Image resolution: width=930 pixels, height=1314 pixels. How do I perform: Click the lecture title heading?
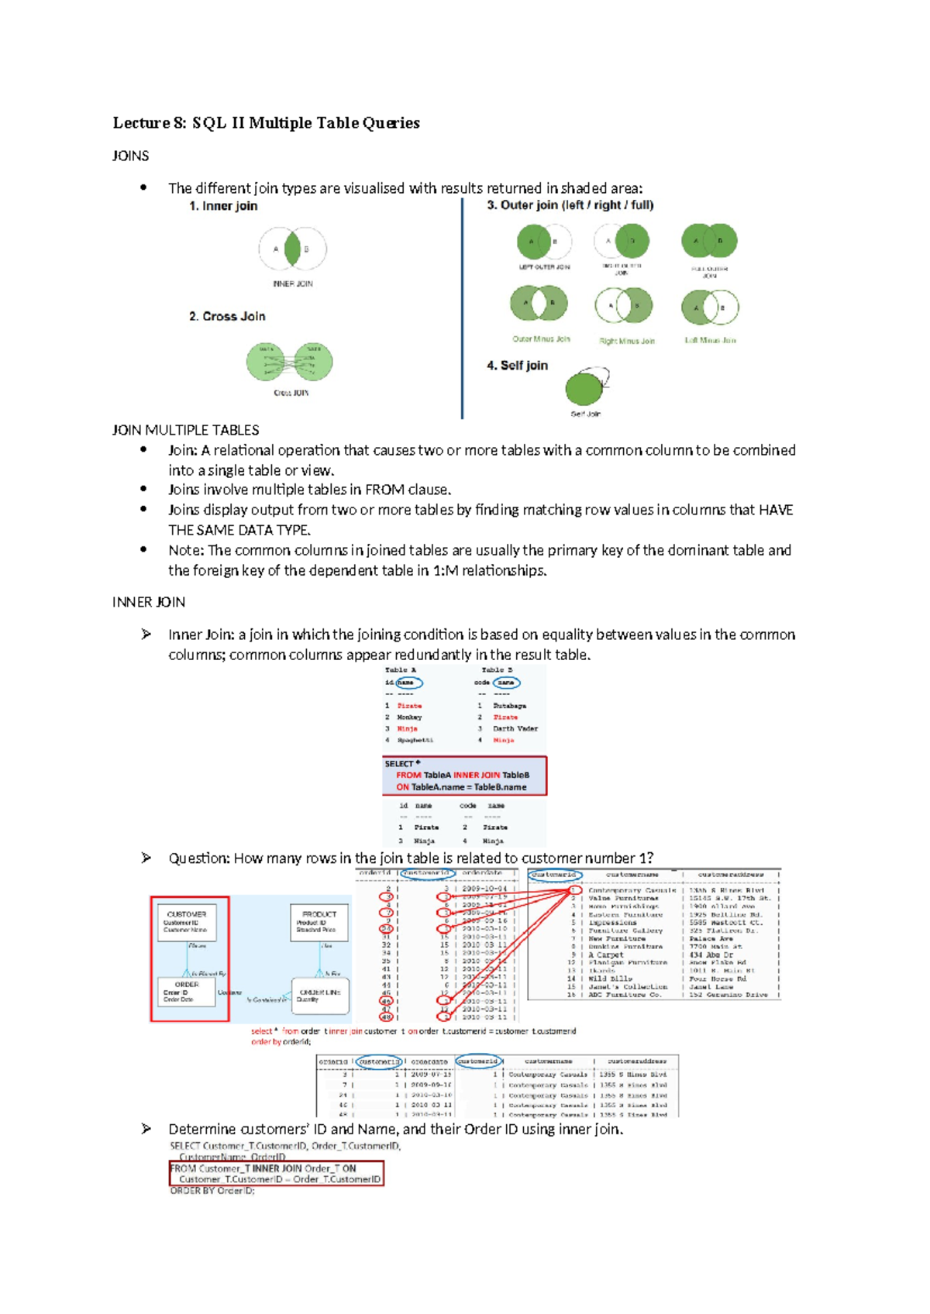(266, 122)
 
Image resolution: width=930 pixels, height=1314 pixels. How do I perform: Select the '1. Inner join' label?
(223, 206)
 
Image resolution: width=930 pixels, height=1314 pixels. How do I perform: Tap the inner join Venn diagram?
(292, 249)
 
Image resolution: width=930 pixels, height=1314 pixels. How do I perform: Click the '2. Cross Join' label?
(227, 316)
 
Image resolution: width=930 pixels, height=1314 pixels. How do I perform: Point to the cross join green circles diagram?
(290, 362)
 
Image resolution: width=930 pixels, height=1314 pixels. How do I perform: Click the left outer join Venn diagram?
(544, 242)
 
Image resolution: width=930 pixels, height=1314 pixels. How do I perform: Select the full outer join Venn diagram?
(709, 241)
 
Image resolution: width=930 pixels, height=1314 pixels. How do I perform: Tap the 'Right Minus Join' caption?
(626, 341)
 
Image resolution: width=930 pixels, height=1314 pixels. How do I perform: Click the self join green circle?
(584, 389)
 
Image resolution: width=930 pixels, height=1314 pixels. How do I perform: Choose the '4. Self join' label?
(517, 366)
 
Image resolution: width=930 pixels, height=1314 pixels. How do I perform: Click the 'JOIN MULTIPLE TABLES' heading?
(186, 430)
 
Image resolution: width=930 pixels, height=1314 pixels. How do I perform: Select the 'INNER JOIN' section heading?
(149, 602)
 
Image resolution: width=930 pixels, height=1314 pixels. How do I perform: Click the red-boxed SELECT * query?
(464, 776)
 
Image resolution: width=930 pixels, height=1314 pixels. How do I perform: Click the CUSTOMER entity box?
(187, 922)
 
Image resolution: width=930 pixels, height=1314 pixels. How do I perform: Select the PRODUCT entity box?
(319, 922)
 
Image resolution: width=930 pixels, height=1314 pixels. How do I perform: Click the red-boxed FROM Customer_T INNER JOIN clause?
(276, 1173)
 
